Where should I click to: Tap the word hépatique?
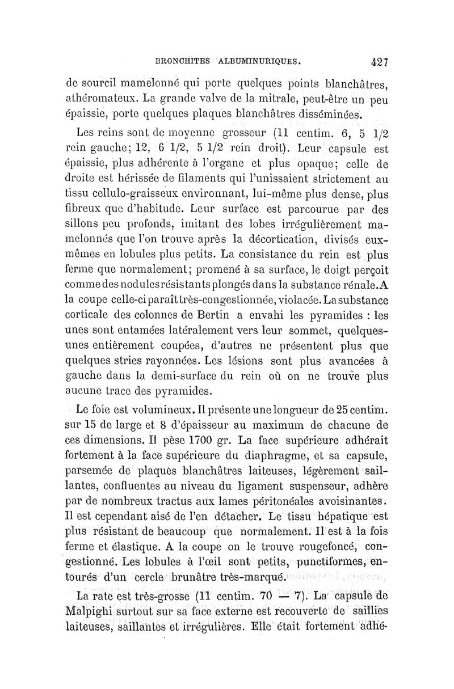340,514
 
